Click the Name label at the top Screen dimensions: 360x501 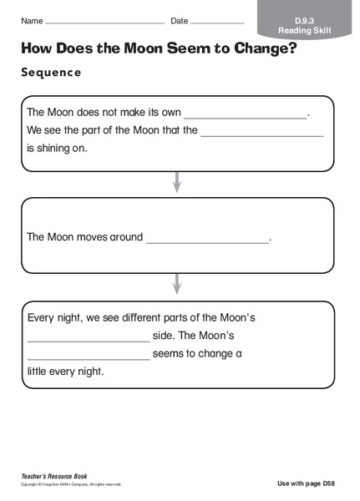coord(32,20)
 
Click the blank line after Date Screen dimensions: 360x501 coord(218,22)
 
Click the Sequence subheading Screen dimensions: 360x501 coord(51,73)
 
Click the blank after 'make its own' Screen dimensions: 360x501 coord(246,115)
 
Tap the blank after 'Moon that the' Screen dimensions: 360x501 coord(261,134)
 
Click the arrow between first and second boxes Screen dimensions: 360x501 coord(176,181)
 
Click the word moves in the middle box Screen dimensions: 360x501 coord(101,237)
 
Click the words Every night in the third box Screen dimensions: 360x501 coord(53,318)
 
